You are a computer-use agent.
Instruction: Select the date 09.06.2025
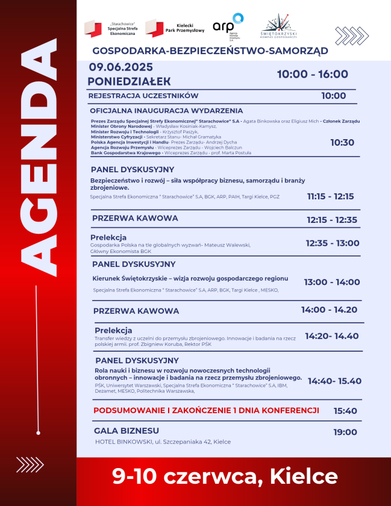[121, 67]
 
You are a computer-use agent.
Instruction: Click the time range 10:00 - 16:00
[312, 74]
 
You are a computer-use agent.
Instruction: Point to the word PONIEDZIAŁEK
[129, 81]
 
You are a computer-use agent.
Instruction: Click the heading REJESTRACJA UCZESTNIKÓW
[143, 96]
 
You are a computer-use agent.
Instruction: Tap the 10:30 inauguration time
[342, 143]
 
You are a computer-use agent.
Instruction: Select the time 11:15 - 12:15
[330, 196]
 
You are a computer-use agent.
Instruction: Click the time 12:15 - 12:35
[331, 220]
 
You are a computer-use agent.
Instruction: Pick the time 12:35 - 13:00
[332, 243]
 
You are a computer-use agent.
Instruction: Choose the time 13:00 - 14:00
[332, 282]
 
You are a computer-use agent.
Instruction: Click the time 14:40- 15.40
[334, 381]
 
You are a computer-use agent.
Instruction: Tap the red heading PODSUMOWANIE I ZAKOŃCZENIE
[206, 410]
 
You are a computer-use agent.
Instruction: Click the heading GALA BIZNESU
[127, 431]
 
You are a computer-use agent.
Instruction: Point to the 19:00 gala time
[345, 432]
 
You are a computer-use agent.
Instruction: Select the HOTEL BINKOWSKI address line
[163, 442]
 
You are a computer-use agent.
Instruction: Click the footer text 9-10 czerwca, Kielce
[225, 476]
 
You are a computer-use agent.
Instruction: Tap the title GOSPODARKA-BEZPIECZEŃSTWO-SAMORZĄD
[210, 51]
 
